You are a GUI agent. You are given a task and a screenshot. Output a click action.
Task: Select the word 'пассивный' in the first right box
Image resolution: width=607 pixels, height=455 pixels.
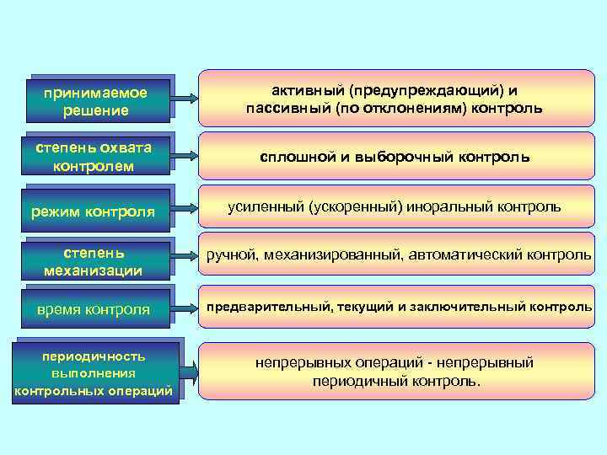tap(287, 109)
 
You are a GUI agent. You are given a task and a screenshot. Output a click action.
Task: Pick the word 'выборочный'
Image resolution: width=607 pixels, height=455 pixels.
tap(408, 157)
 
